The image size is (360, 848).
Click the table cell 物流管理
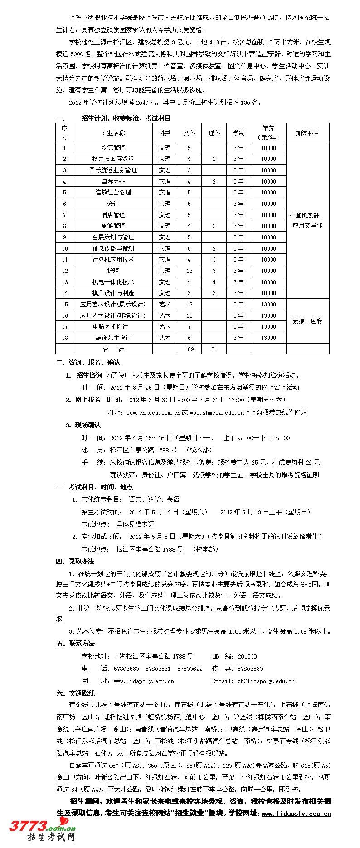coord(113,148)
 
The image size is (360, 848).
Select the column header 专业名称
coord(113,133)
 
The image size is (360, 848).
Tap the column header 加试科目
coord(307,133)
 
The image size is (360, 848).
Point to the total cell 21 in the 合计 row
coord(214,349)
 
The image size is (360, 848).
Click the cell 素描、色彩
coord(307,321)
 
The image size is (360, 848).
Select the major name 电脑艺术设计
coord(113,326)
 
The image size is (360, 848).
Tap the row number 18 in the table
coord(64,338)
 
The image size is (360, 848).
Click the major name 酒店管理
coord(113,215)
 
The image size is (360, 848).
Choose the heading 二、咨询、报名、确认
coord(88,363)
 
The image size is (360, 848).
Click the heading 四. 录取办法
coord(75,562)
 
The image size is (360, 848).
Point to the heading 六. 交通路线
coord(75,693)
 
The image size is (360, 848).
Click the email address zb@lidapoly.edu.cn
coord(266,681)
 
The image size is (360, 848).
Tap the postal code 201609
coord(247,656)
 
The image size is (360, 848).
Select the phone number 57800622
coord(190,669)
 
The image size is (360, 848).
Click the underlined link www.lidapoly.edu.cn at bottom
coord(296,814)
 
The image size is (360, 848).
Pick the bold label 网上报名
coord(88,400)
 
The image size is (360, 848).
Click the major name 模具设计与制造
coord(113,293)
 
